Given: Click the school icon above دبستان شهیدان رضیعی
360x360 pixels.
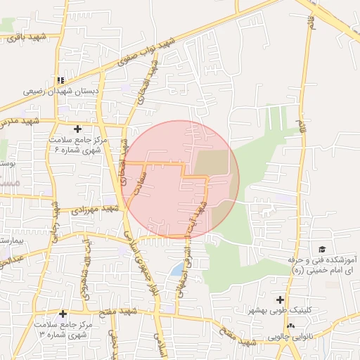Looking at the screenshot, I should tap(61, 80).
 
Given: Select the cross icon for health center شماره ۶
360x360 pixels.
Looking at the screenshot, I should tap(77, 129).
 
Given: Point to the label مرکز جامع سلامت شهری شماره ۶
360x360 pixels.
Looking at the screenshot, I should tap(78, 146).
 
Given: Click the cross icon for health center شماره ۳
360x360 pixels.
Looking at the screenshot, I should tap(63, 314).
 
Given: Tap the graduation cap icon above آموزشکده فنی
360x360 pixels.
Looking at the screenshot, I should tap(322, 250).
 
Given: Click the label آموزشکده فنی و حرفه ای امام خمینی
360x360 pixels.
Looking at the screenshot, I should tap(322, 265).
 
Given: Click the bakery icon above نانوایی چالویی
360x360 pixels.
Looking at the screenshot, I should tap(291, 326).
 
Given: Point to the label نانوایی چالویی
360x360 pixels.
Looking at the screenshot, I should tap(290, 337).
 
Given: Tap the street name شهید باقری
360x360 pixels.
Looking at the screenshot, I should tap(23, 37).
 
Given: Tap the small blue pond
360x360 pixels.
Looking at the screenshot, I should tap(175, 270).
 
